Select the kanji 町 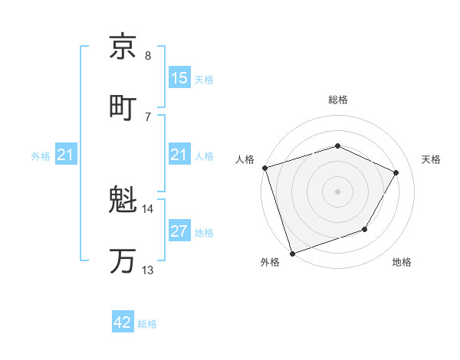(123, 106)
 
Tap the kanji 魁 (123, 202)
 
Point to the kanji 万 (123, 260)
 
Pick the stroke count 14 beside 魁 (148, 208)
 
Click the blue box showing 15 (179, 78)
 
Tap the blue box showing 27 (179, 232)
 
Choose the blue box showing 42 (123, 322)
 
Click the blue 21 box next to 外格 (66, 155)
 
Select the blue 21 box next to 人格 (179, 155)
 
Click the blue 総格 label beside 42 (147, 323)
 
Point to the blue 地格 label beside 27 (204, 233)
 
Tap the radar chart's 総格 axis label (337, 100)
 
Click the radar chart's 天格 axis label (431, 159)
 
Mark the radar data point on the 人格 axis (264, 168)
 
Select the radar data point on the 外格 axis (292, 253)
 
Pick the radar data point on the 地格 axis (365, 229)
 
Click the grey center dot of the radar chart (337, 191)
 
